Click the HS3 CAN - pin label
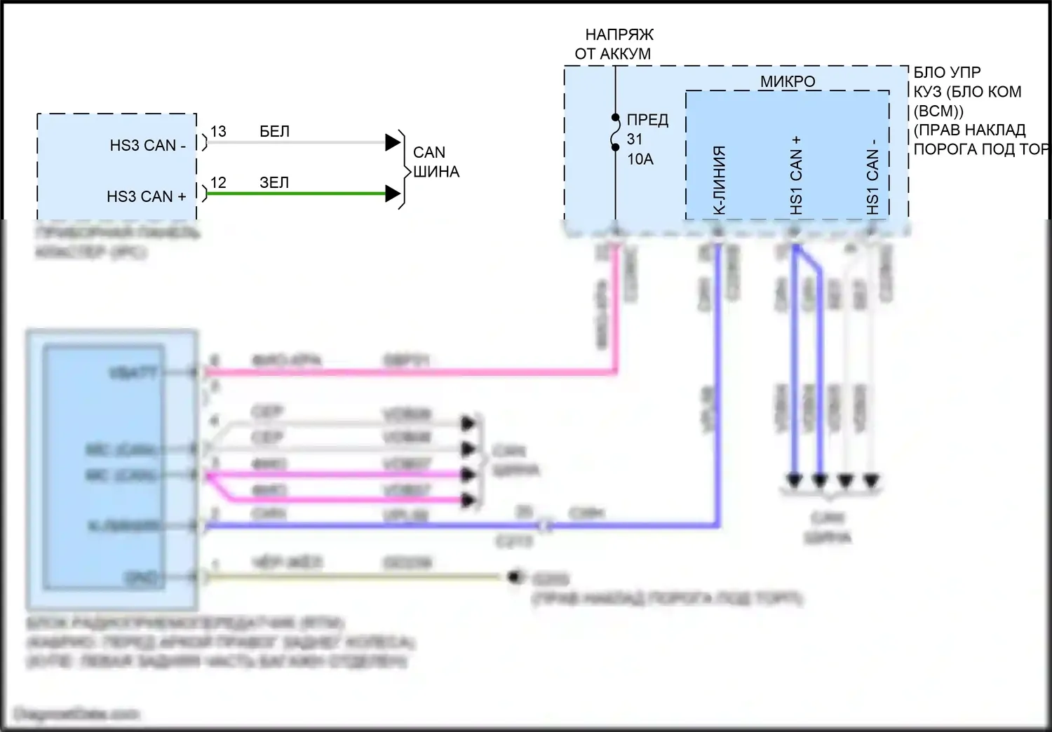147,145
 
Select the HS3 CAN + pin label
146,196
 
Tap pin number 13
218,131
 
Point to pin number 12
218,182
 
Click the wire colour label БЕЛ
274,131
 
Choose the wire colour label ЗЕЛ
274,182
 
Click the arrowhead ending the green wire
393,194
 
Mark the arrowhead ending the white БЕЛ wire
393,142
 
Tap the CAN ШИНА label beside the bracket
436,162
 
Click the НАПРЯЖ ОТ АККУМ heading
614,43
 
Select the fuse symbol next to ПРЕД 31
616,133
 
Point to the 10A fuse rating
640,159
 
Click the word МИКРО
788,81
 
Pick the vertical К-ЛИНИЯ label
719,180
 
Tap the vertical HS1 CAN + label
795,175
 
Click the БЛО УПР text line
947,72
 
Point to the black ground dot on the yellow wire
516,576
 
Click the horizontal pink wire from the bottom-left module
407,372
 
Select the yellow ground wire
351,577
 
